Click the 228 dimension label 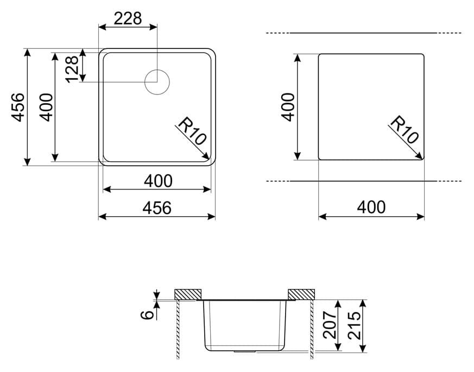point(128,18)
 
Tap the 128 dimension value point(72,70)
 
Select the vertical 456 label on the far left point(18,107)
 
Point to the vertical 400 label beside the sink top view point(47,107)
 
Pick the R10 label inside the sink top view point(192,130)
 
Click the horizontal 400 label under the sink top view point(158,181)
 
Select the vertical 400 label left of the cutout point(288,107)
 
